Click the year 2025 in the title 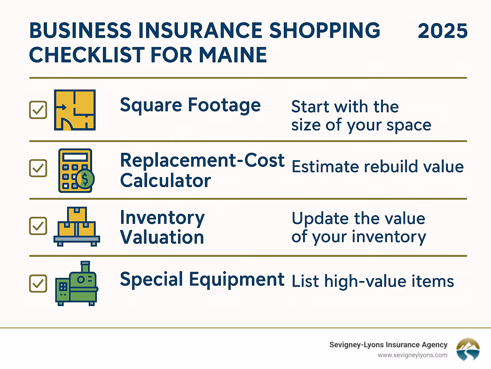[x=442, y=31]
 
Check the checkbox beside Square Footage [x=38, y=110]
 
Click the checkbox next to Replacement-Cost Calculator [x=38, y=168]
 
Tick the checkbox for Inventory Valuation [x=38, y=226]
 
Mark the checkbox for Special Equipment [x=38, y=284]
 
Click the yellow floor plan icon [x=75, y=110]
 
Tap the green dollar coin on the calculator [x=85, y=179]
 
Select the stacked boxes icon [x=77, y=226]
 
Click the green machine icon [x=76, y=284]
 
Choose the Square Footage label [x=190, y=106]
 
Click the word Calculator [x=165, y=181]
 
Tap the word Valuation [x=162, y=238]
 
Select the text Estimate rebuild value [x=378, y=167]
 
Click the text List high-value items [x=373, y=281]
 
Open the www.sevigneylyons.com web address [x=412, y=355]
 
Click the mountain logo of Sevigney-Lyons [x=468, y=349]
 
